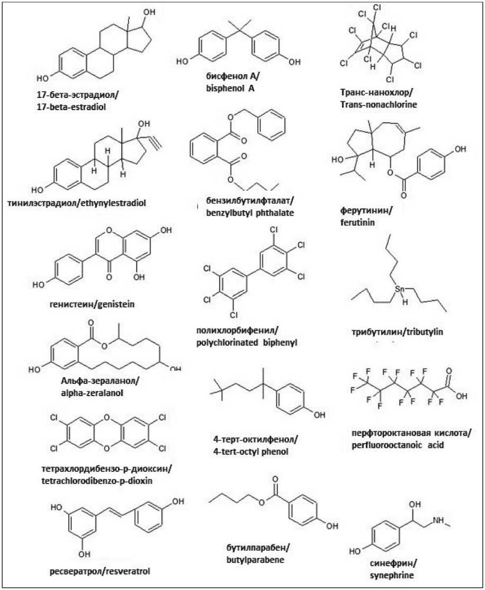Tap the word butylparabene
252,558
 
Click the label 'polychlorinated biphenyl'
247,343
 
